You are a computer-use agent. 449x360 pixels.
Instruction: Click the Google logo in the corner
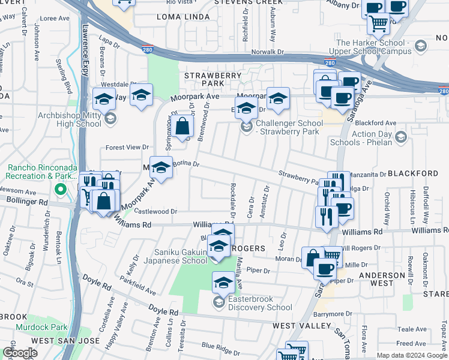pos(19,353)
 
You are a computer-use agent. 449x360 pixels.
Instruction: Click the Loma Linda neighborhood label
pos(181,17)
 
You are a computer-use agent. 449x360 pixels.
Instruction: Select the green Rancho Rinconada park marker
pos(59,190)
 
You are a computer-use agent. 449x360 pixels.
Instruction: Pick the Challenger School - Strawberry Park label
pos(289,127)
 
